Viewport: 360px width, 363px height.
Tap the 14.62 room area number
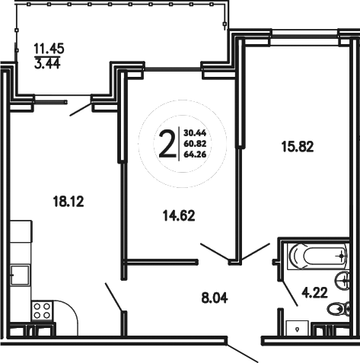(179, 215)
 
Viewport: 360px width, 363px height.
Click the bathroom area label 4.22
(315, 291)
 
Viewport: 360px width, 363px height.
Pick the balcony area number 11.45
(48, 47)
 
